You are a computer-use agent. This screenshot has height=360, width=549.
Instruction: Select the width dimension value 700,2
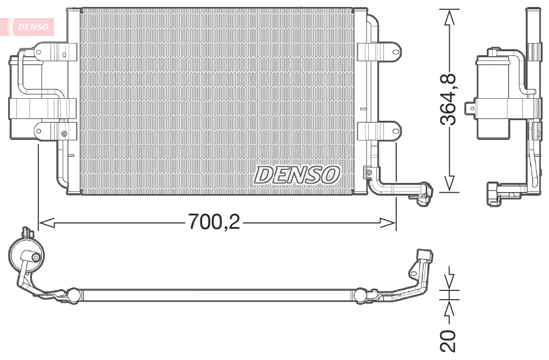click(x=213, y=222)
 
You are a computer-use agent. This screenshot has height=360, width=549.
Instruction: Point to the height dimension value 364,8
click(x=448, y=99)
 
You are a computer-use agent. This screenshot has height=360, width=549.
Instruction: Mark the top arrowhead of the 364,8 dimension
click(x=448, y=17)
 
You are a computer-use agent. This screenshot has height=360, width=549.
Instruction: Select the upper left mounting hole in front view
click(x=39, y=52)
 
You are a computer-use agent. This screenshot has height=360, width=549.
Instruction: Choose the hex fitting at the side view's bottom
click(x=494, y=193)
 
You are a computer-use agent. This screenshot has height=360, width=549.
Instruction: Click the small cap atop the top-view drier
click(x=26, y=232)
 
